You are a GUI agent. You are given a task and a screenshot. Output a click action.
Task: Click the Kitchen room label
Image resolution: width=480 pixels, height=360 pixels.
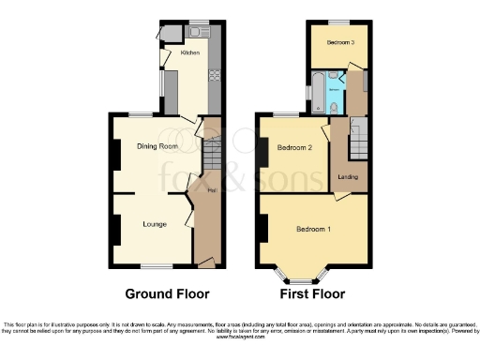[190, 52]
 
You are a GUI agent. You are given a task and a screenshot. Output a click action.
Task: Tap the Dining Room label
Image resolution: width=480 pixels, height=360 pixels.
[157, 146]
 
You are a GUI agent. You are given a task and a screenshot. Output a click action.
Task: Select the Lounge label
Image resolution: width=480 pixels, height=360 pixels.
[155, 224]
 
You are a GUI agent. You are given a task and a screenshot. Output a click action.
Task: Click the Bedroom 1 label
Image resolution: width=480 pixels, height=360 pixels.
[313, 230]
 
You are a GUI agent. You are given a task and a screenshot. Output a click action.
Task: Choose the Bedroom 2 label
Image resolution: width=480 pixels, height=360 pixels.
[294, 147]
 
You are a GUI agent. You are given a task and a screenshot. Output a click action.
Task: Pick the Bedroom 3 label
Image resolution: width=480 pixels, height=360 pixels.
[340, 43]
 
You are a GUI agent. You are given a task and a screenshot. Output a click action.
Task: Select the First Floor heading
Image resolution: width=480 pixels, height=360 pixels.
[313, 292]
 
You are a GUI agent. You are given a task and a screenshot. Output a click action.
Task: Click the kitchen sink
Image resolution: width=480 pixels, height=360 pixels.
[198, 32]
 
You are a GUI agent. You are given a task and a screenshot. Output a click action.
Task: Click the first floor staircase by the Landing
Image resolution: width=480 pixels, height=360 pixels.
[356, 141]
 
